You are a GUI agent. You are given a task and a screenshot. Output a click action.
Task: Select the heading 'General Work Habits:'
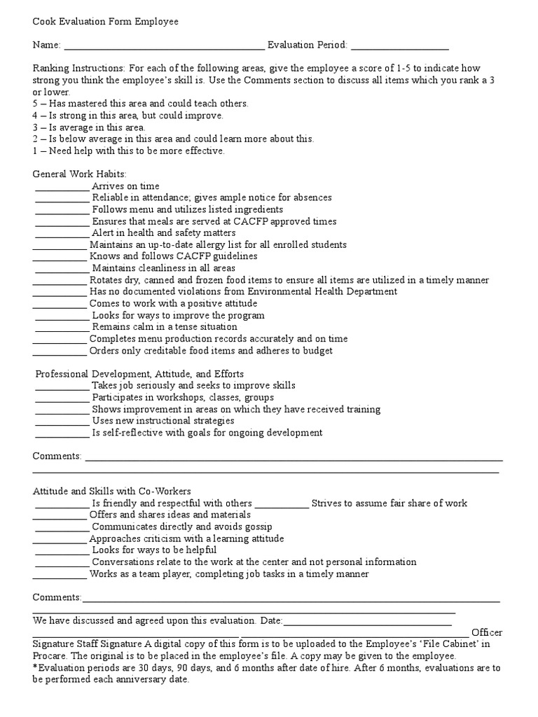coord(81,174)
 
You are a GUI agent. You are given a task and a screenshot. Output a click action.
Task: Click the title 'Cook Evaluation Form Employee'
coord(106,22)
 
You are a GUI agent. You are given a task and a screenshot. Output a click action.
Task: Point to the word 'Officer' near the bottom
coord(487,632)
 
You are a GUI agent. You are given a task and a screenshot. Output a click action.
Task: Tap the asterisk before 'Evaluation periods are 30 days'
coord(35,667)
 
